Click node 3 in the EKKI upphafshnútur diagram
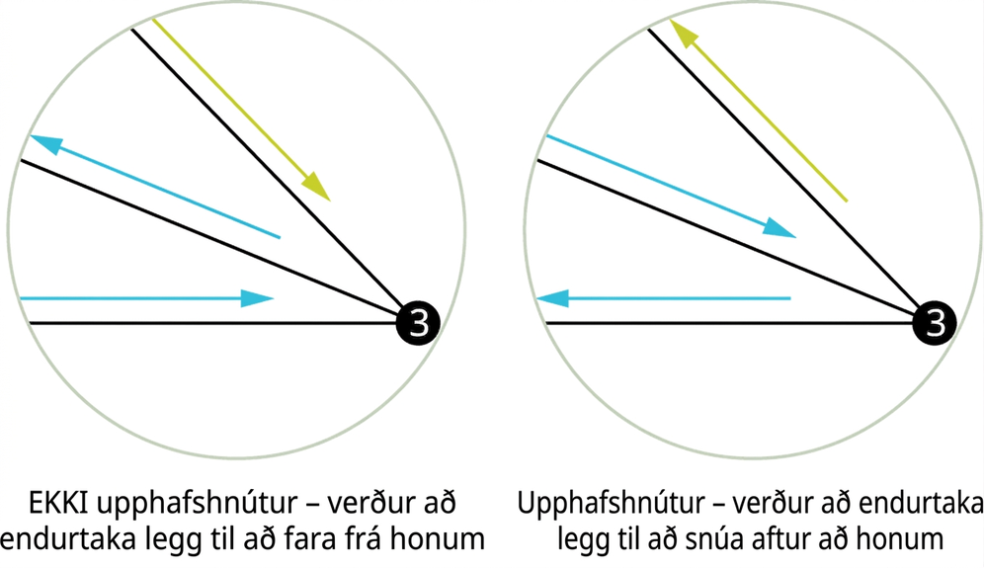418,323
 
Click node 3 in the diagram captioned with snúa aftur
935,323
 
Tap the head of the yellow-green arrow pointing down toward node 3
316,187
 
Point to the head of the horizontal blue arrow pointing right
257,298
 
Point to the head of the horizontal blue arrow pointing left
553,298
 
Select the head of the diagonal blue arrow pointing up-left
45,143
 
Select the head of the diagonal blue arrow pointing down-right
780,228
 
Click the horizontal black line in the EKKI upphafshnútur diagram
212,323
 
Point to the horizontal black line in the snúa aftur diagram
730,323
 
